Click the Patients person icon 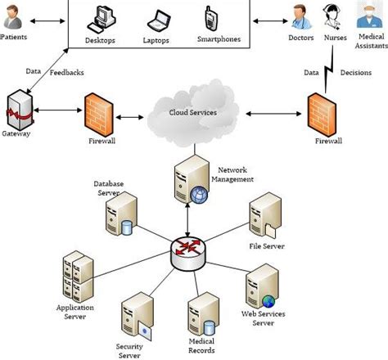(15, 16)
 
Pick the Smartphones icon (211, 16)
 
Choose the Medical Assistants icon (369, 12)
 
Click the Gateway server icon (18, 110)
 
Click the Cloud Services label (193, 112)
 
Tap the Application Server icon (76, 278)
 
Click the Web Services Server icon (259, 284)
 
